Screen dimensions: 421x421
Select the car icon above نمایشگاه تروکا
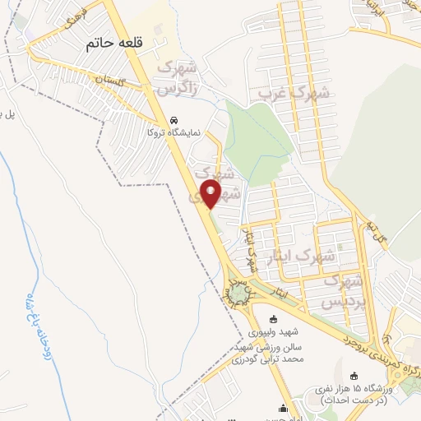point(173,118)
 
